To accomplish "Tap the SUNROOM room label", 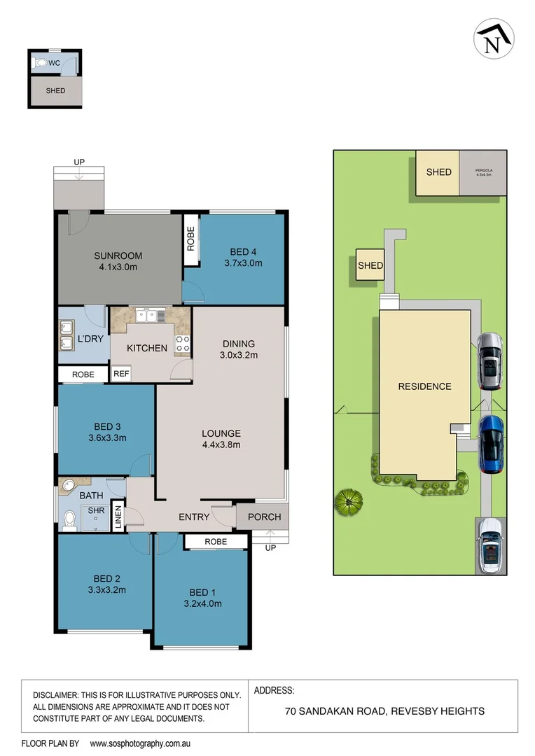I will pyautogui.click(x=118, y=255).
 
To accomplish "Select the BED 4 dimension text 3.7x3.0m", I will pyautogui.click(x=243, y=264).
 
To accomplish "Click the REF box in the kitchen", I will pyautogui.click(x=121, y=374).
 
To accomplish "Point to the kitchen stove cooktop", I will pyautogui.click(x=182, y=343).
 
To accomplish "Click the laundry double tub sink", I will pyautogui.click(x=67, y=335).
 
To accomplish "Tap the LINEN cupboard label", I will pyautogui.click(x=118, y=519).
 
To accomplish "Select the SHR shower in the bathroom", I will pyautogui.click(x=97, y=512).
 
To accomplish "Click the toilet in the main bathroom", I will pyautogui.click(x=69, y=519).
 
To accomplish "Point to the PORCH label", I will pyautogui.click(x=264, y=517).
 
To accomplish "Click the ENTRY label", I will pyautogui.click(x=194, y=517).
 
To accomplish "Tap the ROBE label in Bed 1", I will pyautogui.click(x=216, y=542).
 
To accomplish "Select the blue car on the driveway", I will pyautogui.click(x=492, y=444).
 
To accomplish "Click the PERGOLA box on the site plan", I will pyautogui.click(x=483, y=172).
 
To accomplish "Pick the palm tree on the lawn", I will pyautogui.click(x=349, y=500).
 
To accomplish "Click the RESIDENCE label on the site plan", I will pyautogui.click(x=424, y=386).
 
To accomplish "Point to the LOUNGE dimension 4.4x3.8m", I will pyautogui.click(x=221, y=444).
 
